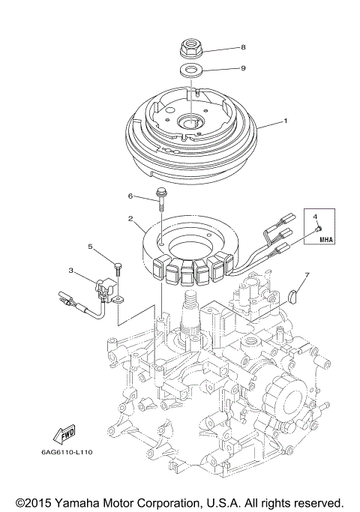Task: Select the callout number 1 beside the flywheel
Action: pos(284,121)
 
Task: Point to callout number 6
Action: pos(130,196)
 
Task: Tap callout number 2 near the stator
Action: pos(130,220)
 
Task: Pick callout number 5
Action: pos(90,246)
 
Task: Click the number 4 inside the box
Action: pos(315,217)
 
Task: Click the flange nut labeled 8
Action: pos(190,49)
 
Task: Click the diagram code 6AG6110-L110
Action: pos(50,452)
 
